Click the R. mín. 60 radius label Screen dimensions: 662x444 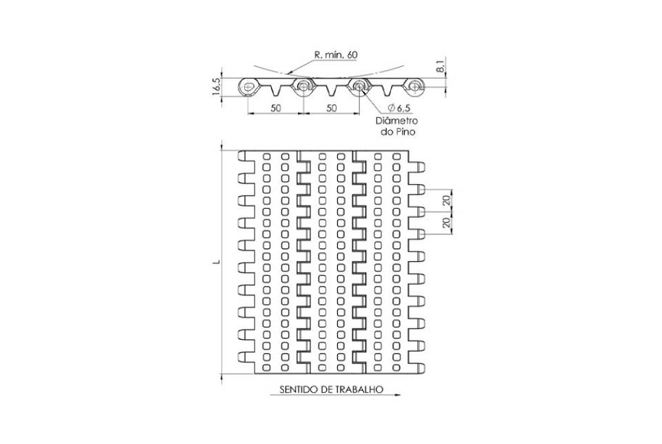336,55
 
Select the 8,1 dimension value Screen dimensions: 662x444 440,67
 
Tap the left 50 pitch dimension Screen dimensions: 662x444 276,108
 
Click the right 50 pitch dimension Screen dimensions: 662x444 332,108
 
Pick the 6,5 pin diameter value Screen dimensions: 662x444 403,108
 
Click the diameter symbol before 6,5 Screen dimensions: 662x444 390,108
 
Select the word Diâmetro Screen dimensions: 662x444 397,121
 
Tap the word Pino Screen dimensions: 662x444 405,132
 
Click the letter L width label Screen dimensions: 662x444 217,262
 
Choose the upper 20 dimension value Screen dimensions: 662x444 447,200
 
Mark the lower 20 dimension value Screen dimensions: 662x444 447,223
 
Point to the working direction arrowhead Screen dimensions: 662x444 397,395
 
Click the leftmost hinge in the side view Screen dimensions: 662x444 248,87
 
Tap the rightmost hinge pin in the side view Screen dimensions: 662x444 415,87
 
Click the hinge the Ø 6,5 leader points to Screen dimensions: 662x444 359,87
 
